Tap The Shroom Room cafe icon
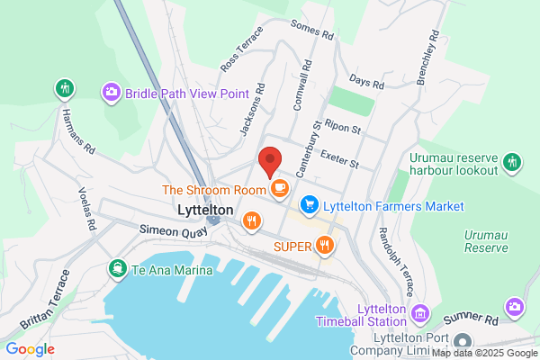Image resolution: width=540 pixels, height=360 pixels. (x=279, y=189)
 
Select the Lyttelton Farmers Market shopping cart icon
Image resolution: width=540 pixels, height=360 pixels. (x=310, y=206)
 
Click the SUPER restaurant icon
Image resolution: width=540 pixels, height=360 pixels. (x=325, y=245)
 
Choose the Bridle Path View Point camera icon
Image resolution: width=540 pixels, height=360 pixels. (x=112, y=92)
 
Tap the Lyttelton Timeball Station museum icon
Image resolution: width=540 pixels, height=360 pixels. (x=419, y=314)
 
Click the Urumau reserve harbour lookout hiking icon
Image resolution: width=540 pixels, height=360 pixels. (x=512, y=162)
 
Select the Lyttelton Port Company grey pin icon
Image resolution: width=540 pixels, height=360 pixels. (x=463, y=342)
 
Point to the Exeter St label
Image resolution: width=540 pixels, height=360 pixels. (x=339, y=158)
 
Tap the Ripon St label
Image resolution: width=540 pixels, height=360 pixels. (x=344, y=129)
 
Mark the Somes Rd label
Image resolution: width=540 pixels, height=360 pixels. (x=312, y=30)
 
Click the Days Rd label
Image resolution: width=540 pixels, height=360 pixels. (x=367, y=82)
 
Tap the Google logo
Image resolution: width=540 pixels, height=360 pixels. (x=30, y=349)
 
